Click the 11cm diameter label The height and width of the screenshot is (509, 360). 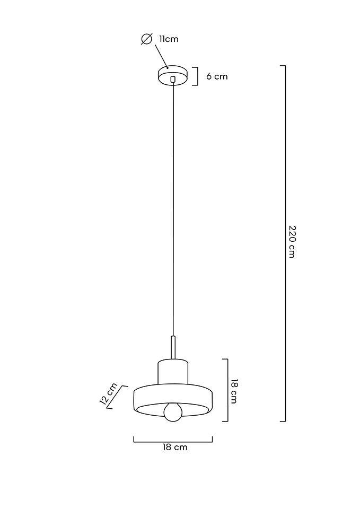point(169,39)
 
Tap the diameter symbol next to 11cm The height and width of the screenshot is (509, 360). point(147,39)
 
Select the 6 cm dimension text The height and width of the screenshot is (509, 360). point(217,76)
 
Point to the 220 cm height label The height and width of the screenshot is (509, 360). point(292,241)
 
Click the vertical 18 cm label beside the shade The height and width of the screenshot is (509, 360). point(234,391)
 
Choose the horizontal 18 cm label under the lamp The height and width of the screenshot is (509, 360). point(175,447)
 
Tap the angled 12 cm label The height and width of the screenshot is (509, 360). point(108,393)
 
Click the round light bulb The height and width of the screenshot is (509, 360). point(173,412)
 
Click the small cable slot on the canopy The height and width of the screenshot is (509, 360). point(173,80)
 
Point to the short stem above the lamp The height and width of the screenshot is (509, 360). point(173,347)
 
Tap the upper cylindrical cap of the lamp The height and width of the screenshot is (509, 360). point(173,371)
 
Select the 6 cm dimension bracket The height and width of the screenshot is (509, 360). point(197,76)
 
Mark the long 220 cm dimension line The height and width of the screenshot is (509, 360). point(285,159)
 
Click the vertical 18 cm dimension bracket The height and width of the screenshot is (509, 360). point(227,390)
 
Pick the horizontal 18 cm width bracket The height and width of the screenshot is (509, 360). point(173,441)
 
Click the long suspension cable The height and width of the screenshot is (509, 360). point(173,212)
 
